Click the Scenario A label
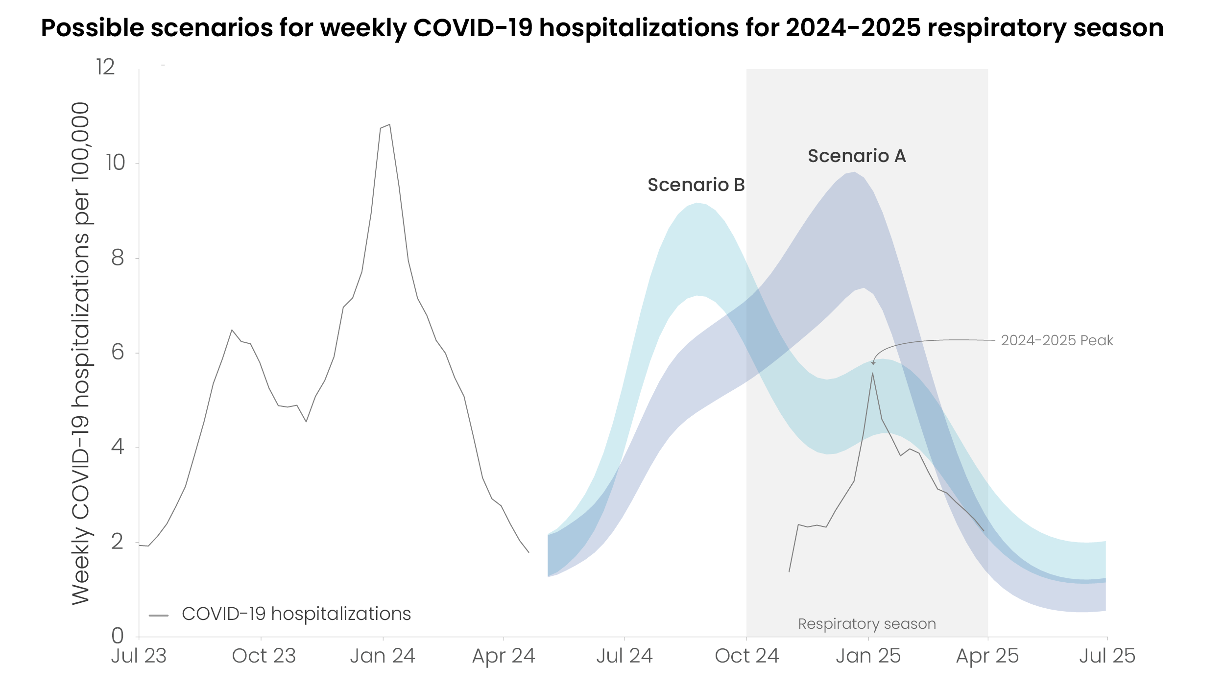(857, 156)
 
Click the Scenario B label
(696, 185)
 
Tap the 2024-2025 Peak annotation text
(1057, 340)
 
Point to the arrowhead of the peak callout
(873, 363)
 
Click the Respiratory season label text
(866, 624)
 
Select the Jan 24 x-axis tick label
(383, 656)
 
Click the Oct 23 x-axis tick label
(264, 656)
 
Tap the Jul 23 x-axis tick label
(139, 656)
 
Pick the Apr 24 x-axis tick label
(504, 656)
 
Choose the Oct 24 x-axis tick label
(746, 656)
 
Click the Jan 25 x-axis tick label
(868, 656)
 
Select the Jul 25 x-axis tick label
(1107, 656)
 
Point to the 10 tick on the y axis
(116, 163)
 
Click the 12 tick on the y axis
(105, 67)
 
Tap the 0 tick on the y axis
(118, 636)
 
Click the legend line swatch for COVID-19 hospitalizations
(159, 616)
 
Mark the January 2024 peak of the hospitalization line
(389, 125)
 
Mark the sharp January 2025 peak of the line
(872, 374)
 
